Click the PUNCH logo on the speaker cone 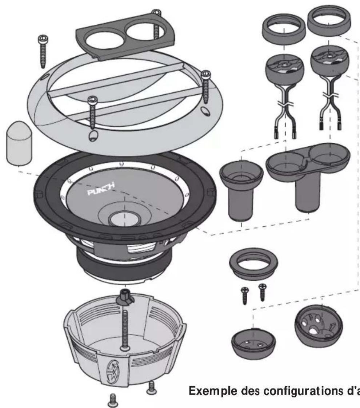[100, 189]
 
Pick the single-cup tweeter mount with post [241, 191]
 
